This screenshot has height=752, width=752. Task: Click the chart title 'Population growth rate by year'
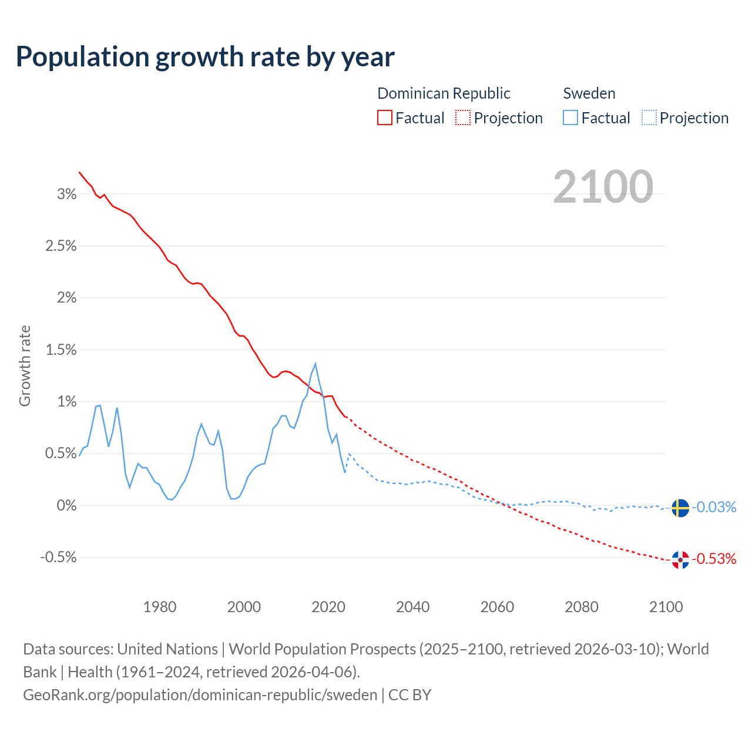(205, 56)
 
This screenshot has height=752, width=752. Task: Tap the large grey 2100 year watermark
(603, 187)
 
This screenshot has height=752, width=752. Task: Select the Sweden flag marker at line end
(680, 508)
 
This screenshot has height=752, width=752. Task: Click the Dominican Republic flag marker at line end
(680, 560)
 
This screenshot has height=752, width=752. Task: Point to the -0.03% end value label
(714, 507)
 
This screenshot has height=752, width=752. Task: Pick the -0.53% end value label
(714, 559)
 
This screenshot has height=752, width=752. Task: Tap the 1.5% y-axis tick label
(61, 350)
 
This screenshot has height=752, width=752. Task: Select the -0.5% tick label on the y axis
(59, 557)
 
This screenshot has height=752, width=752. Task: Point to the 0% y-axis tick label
(67, 505)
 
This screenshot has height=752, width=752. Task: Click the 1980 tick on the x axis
(160, 607)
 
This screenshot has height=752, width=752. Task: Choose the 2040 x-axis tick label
(413, 607)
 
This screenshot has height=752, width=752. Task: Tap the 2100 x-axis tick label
(666, 607)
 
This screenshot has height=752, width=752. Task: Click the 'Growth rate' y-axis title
(25, 365)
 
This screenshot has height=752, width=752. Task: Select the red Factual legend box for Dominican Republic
(385, 117)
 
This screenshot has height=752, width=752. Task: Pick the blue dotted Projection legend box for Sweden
(649, 117)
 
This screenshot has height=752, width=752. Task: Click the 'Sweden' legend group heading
(589, 93)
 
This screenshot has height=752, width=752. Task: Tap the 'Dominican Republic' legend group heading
(444, 93)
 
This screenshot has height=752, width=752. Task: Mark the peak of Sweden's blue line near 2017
(315, 364)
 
